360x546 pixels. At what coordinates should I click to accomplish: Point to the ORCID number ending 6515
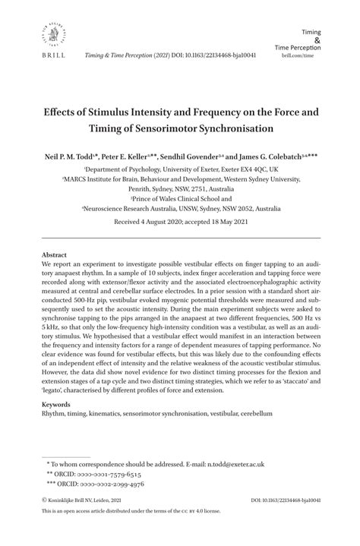point(112,474)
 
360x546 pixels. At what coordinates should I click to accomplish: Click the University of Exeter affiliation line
point(180,169)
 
